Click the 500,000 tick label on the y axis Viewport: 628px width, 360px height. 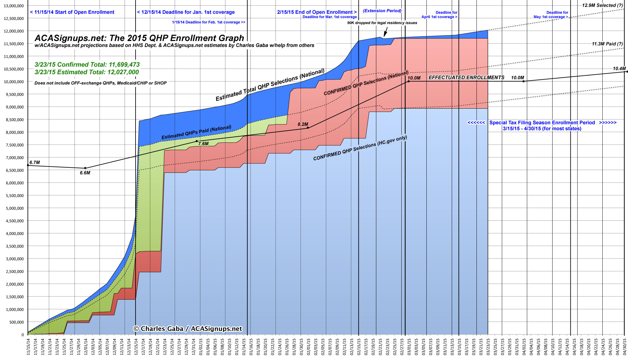point(16,322)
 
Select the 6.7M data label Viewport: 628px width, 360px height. point(34,162)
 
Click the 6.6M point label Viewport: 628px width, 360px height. point(85,173)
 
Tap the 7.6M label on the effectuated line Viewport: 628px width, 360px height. point(203,144)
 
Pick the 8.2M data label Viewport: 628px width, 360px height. point(303,124)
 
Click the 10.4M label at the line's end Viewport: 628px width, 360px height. point(619,69)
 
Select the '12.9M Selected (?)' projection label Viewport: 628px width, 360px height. point(602,5)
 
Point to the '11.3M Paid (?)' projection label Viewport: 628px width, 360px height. point(607,44)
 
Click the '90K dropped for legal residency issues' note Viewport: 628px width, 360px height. point(382,23)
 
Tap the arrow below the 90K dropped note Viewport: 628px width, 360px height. point(386,32)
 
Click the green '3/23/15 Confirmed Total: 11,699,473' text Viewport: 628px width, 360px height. point(87,64)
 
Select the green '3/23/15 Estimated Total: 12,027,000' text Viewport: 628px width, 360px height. point(87,72)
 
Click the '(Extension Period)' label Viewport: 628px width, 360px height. point(382,11)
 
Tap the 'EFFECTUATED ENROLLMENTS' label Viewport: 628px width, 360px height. point(466,78)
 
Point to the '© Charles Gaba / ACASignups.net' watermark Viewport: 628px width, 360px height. point(188,329)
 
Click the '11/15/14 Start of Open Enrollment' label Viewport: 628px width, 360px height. point(72,12)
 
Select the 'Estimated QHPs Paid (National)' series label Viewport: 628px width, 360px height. point(196,132)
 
